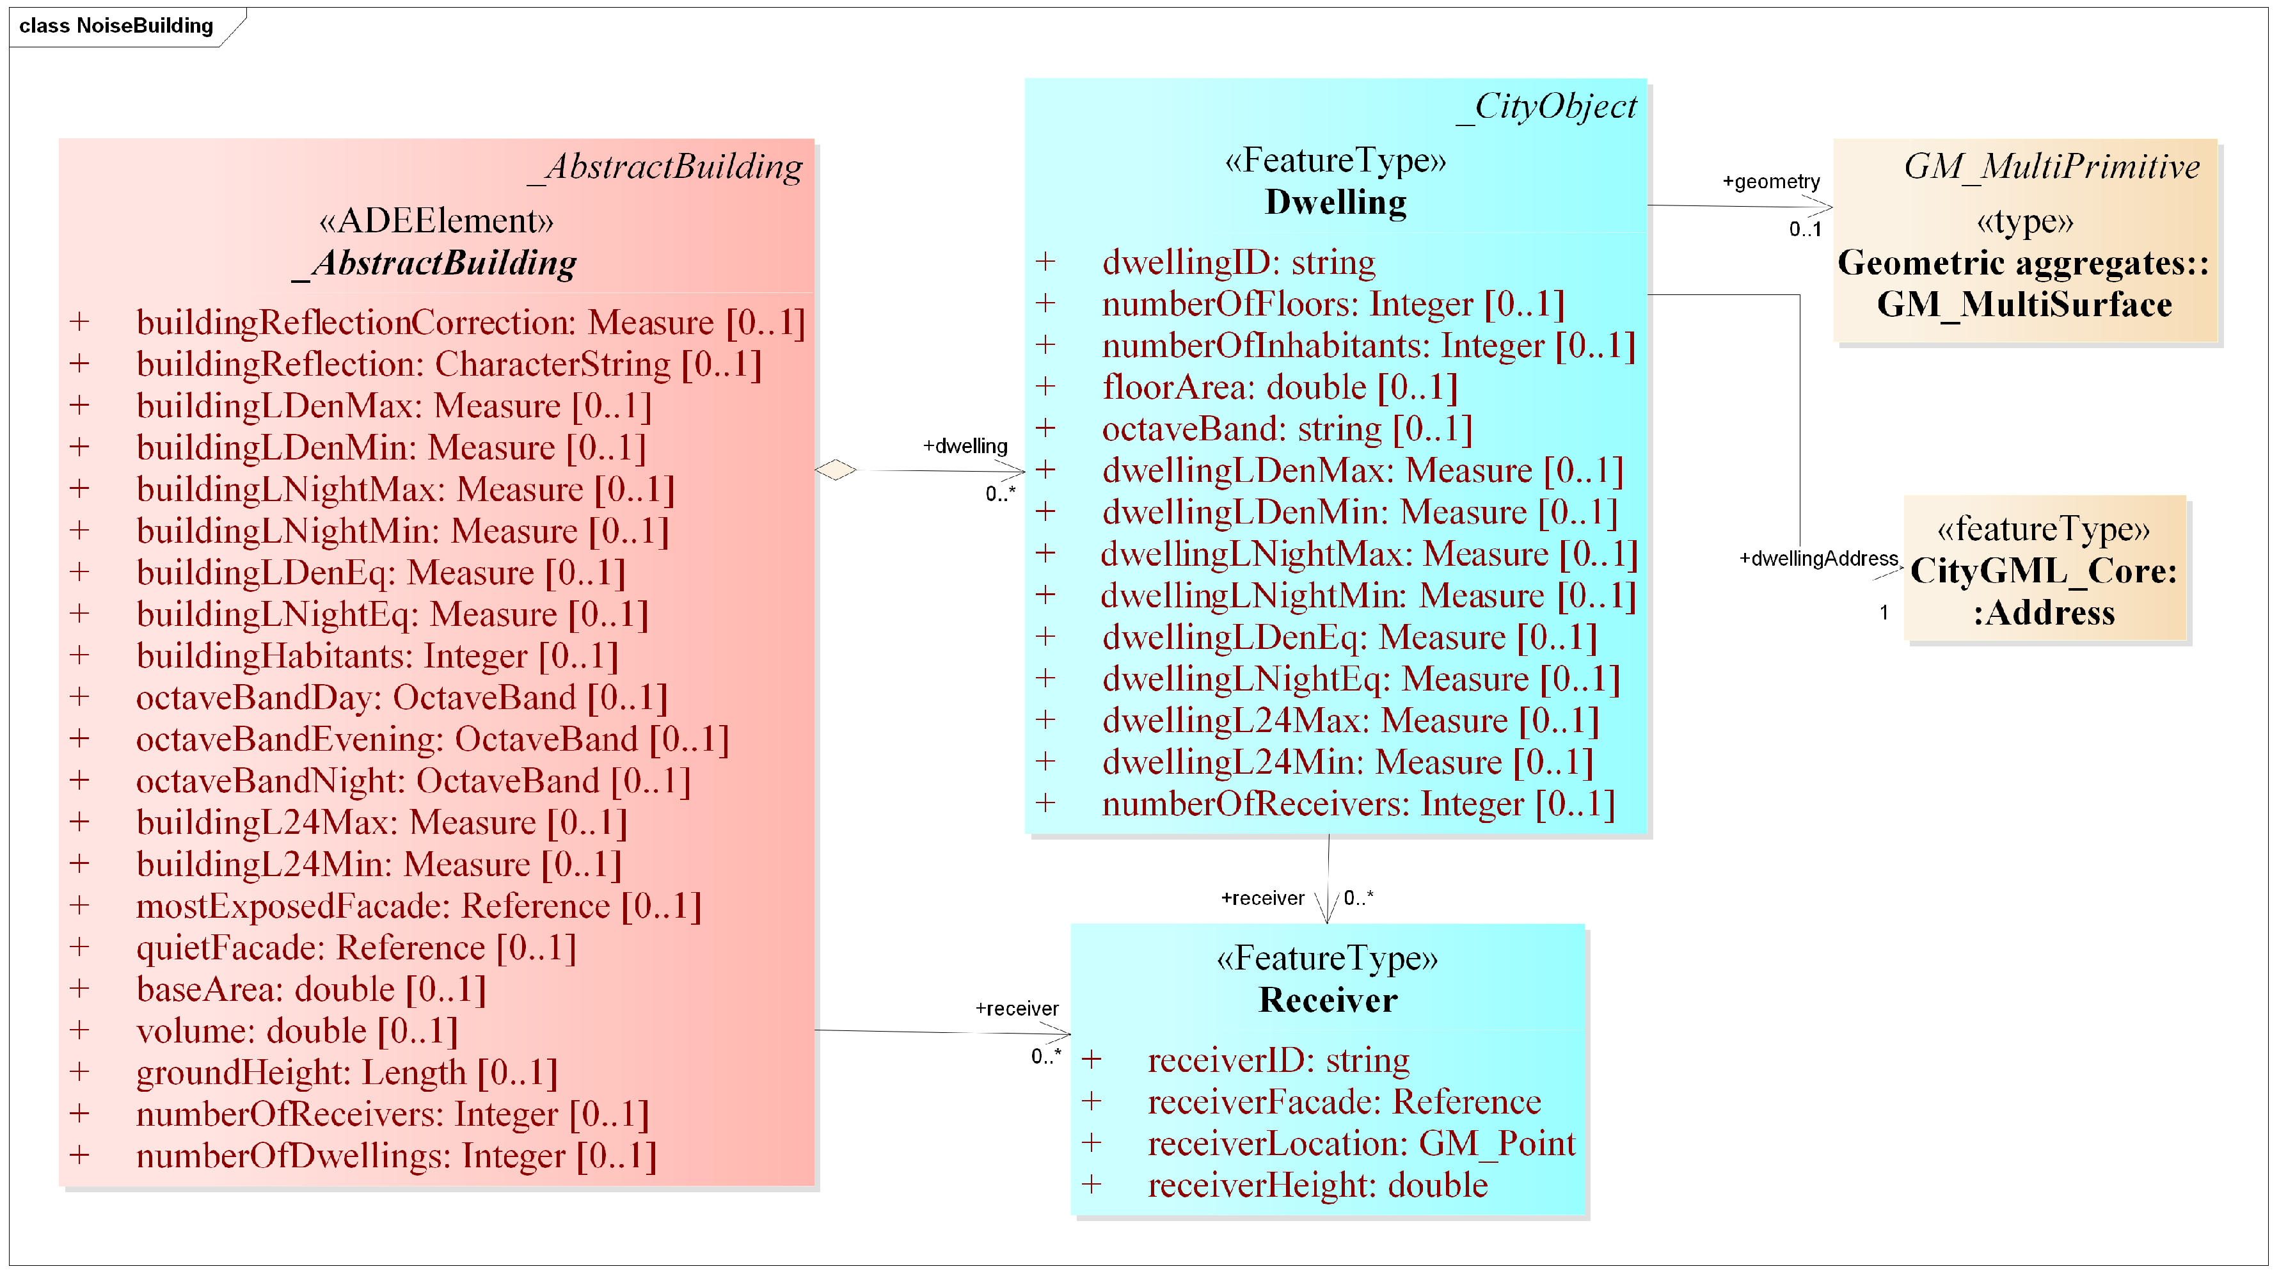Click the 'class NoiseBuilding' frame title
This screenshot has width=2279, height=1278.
click(116, 26)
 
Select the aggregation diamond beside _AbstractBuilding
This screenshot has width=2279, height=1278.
click(835, 470)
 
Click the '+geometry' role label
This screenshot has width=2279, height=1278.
click(1770, 182)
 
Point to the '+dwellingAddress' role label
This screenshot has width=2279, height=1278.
click(1818, 559)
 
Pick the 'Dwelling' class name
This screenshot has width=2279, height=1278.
click(1335, 203)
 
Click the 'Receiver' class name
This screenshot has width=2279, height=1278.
click(1328, 1000)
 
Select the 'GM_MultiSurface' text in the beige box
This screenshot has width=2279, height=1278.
click(2024, 305)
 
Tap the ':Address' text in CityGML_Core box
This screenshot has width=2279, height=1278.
click(2044, 612)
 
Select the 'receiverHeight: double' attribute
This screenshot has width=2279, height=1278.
click(1317, 1185)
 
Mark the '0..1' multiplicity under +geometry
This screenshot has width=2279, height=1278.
click(1805, 229)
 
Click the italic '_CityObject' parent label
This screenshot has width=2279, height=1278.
click(1546, 107)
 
